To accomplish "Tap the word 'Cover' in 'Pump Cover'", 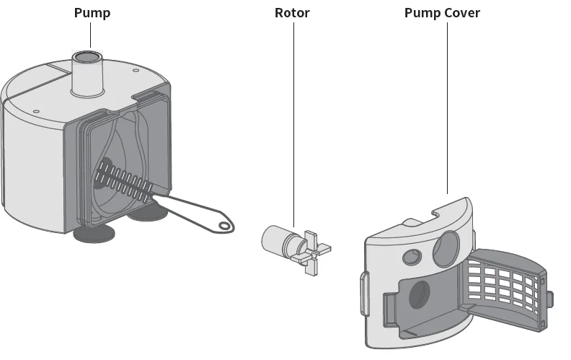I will [x=461, y=13].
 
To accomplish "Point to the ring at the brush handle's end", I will [x=226, y=227].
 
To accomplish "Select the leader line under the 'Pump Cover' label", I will [x=447, y=108].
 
